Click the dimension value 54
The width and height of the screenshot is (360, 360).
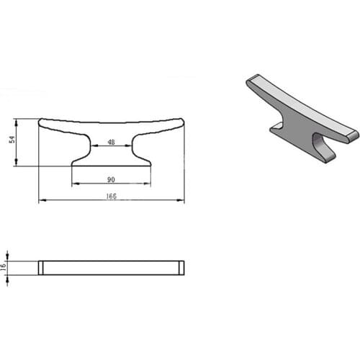pyautogui.click(x=12, y=140)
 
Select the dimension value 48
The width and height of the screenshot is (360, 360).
pyautogui.click(x=111, y=142)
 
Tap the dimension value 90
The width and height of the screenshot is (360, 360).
pyautogui.click(x=111, y=179)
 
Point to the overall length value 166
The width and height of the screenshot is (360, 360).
pyautogui.click(x=111, y=196)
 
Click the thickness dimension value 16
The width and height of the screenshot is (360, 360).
pyautogui.click(x=3, y=267)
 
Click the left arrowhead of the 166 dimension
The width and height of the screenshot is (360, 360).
pyautogui.click(x=42, y=200)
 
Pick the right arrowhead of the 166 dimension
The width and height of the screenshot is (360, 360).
pyautogui.click(x=181, y=200)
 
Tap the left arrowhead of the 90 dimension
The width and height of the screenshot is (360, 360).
pyautogui.click(x=76, y=184)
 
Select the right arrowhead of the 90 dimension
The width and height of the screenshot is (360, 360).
pyautogui.click(x=147, y=184)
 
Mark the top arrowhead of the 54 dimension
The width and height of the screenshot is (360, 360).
pyautogui.click(x=16, y=122)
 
